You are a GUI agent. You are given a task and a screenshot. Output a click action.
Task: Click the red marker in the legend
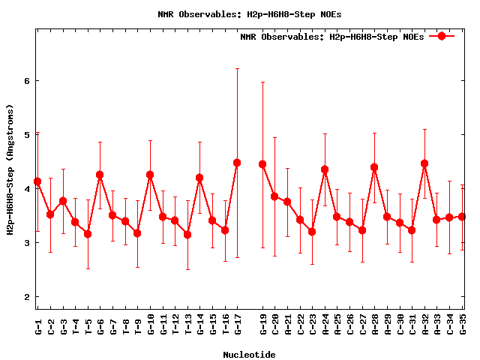pos(442,36)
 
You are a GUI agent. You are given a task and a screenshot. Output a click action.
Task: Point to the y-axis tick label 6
pos(25,81)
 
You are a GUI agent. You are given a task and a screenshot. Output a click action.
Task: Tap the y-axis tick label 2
pos(25,297)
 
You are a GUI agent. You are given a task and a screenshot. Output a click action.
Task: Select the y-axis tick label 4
pos(25,189)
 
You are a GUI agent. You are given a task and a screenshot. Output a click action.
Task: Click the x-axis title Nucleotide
pos(248,354)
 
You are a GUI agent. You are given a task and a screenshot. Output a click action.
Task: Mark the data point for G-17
pos(237,163)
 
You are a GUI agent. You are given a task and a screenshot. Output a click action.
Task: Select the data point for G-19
pos(262,164)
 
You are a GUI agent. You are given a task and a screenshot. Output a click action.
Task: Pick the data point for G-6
pos(100,175)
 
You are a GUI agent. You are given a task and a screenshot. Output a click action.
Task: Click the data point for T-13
pos(187,235)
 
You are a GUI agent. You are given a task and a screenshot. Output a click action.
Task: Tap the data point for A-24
pos(325,169)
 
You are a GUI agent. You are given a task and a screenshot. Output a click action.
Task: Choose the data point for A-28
pos(374,167)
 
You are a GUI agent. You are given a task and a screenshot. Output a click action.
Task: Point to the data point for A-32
pos(424,163)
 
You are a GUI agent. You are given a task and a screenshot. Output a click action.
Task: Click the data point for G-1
pos(37,181)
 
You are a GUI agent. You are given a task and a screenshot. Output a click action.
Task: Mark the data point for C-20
pos(274,196)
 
